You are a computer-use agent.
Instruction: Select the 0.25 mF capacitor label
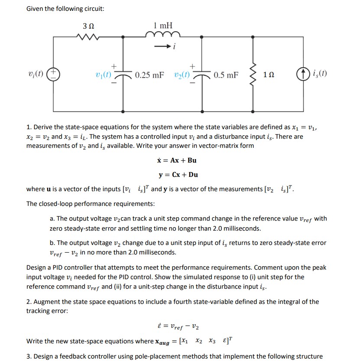click(149, 75)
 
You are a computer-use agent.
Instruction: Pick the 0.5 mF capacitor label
click(226, 75)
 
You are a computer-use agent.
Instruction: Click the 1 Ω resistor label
click(269, 75)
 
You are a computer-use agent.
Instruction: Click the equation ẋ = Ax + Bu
click(177, 160)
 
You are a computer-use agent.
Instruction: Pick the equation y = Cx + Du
click(178, 174)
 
